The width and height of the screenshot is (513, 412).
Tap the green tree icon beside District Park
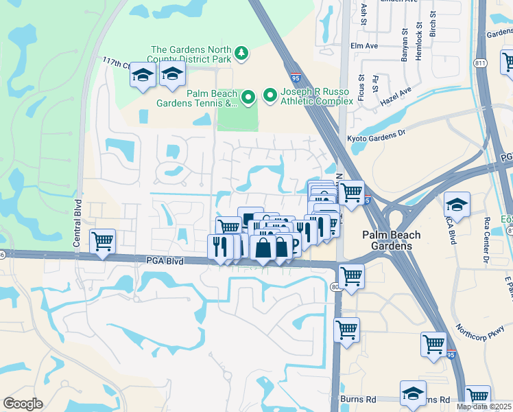(241, 52)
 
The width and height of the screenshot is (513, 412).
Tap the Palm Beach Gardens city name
(391, 240)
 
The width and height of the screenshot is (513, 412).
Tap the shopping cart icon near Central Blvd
(102, 241)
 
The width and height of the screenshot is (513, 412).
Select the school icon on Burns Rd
(412, 393)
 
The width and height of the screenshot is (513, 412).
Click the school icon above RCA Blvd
(456, 204)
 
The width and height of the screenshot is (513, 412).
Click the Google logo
(23, 403)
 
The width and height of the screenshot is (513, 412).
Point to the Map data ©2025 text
(484, 407)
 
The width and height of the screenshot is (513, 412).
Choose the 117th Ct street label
(116, 62)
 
